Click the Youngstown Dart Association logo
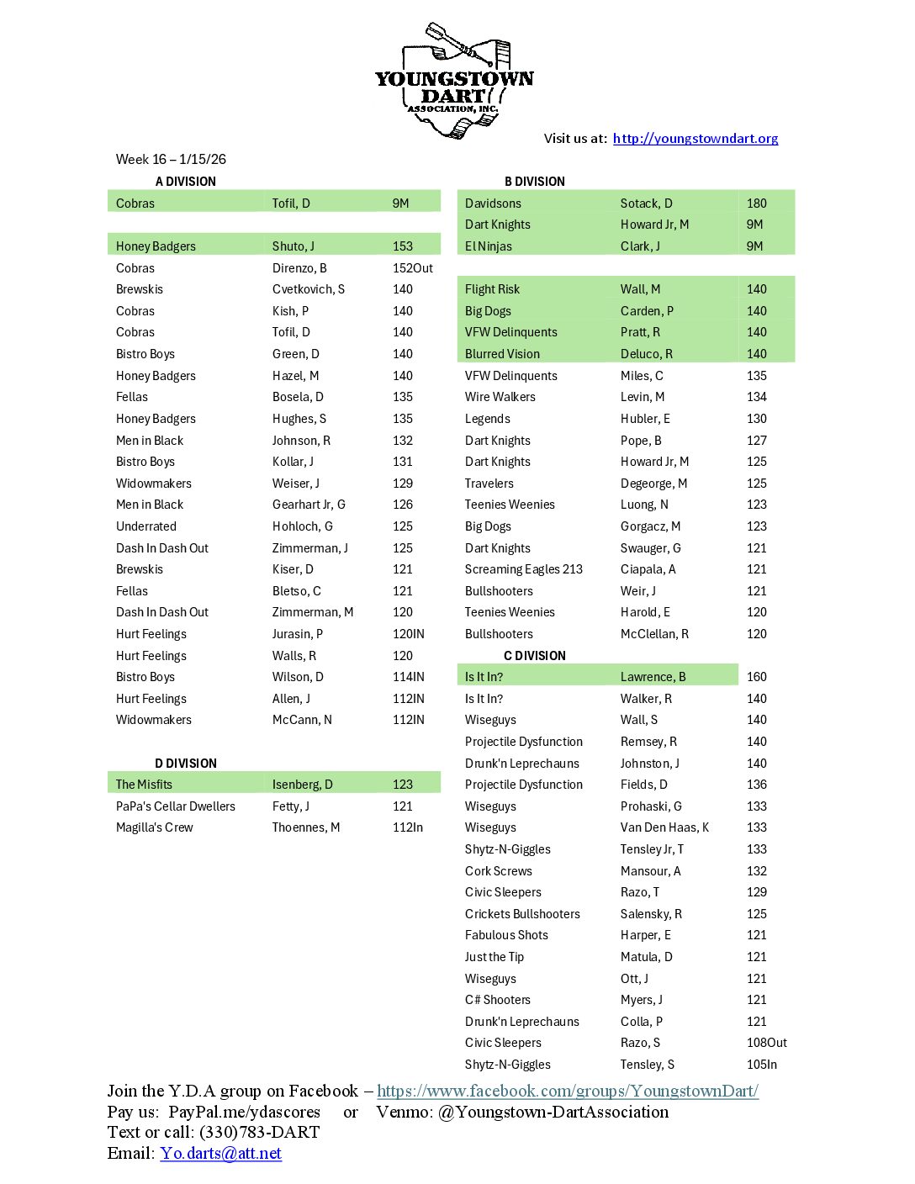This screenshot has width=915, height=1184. pos(454,82)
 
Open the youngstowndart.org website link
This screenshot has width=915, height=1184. pos(695,139)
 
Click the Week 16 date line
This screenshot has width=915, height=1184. pos(171,160)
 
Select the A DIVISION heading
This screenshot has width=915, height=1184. pos(186,182)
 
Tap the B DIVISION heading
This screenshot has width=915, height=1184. pos(535,182)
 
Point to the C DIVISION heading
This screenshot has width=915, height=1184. pos(535,656)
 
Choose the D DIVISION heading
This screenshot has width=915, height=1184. pos(186,764)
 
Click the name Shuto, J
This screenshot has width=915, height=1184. pos(294,246)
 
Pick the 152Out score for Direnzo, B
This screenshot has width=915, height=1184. pos(413,268)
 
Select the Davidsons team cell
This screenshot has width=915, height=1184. pos(493,203)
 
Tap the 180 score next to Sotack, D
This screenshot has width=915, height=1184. pos(757,203)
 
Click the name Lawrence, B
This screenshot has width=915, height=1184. pos(653,677)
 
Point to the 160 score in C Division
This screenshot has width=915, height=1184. pos(757,677)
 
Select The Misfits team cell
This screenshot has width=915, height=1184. pos(144,785)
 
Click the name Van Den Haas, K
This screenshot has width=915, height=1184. pos(664,827)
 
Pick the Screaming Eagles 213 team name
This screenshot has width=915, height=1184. pos(524,569)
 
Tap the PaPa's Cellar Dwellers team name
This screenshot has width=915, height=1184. pos(176,806)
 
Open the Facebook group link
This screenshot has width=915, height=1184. pos(568,1091)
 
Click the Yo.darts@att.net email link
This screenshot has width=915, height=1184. pos(221,1154)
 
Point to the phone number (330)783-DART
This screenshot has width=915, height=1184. pos(259,1133)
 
